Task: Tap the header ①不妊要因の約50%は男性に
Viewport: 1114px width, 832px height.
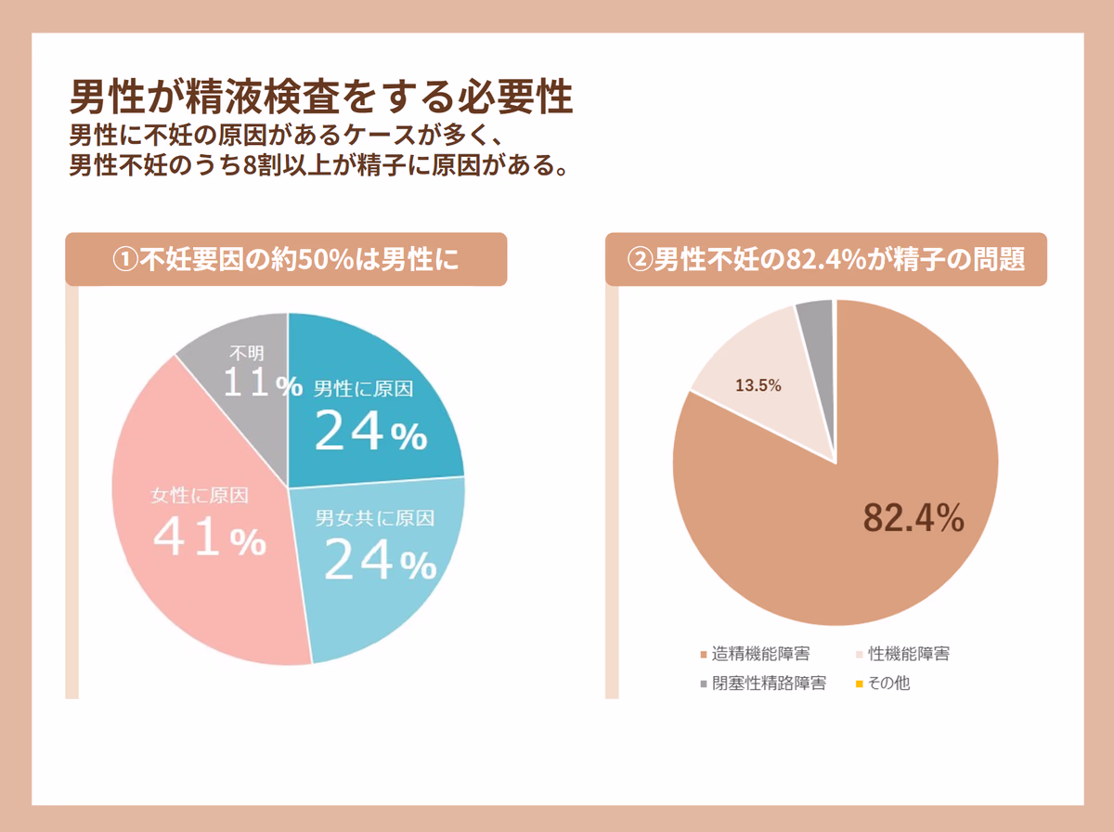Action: pyautogui.click(x=286, y=259)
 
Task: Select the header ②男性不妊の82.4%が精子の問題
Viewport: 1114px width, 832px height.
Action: pyautogui.click(x=826, y=259)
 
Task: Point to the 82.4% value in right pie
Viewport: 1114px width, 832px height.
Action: pyautogui.click(x=913, y=518)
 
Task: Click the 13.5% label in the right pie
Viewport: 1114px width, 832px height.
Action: pyautogui.click(x=758, y=385)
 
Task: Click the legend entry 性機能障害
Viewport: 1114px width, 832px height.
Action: pyautogui.click(x=908, y=654)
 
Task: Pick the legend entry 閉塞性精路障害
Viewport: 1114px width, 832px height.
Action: pyautogui.click(x=768, y=684)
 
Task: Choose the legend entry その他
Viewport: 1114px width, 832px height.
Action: pyautogui.click(x=888, y=684)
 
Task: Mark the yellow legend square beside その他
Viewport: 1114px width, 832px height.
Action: pyautogui.click(x=859, y=685)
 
